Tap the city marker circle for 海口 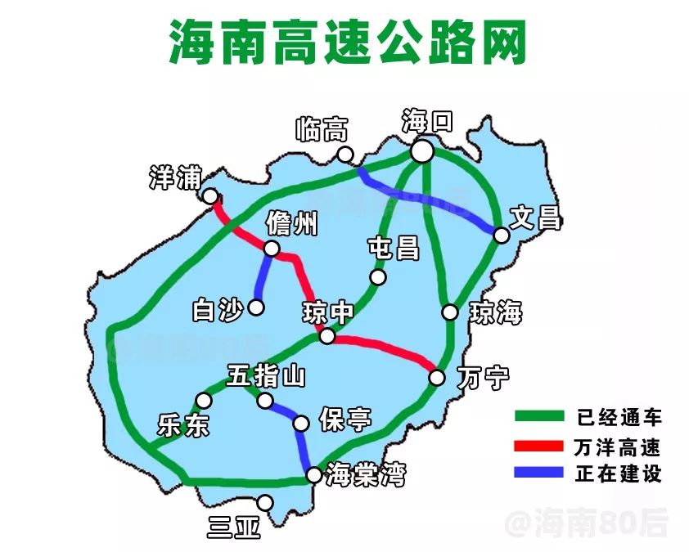tap(422, 151)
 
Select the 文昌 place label tap(534, 218)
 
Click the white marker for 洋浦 tap(210, 196)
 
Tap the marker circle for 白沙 tap(257, 307)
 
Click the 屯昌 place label tap(394, 249)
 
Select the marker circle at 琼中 tap(326, 336)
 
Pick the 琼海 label tap(496, 312)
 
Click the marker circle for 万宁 tap(437, 377)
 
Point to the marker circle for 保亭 tap(301, 423)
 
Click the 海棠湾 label tap(365, 474)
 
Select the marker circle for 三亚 tap(265, 503)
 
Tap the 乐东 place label tap(183, 425)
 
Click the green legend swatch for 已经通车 tap(539, 417)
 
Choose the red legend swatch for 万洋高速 tap(539, 446)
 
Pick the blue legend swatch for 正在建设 tap(539, 473)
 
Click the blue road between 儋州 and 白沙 tap(263, 278)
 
